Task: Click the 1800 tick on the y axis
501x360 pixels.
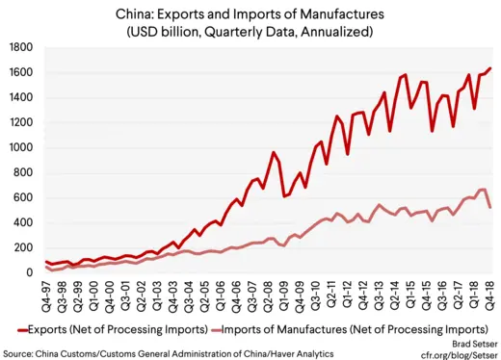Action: pos(22,47)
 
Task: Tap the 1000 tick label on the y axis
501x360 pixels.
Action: pos(22,147)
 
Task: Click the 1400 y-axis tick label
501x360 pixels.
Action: pos(22,97)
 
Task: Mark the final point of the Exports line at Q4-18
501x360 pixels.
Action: pos(490,68)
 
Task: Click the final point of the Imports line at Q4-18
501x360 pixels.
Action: pos(490,207)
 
